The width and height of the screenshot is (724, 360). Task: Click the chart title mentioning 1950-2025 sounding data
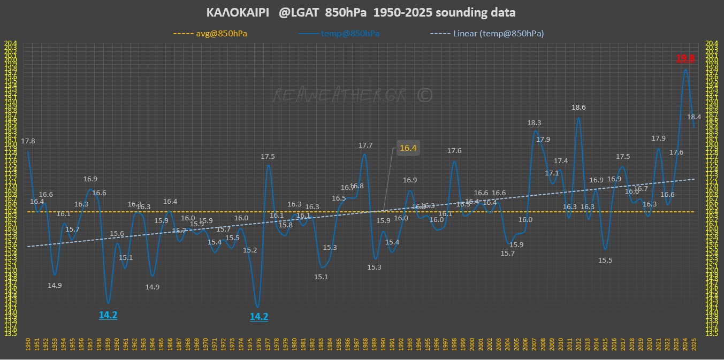point(361,12)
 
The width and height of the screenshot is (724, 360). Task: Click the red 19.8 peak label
point(685,59)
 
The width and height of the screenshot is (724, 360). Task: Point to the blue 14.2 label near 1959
point(108,316)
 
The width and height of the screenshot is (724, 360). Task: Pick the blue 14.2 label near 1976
point(259,317)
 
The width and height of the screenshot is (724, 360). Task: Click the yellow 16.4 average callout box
point(408,148)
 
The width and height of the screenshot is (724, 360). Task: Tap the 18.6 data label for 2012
point(578,108)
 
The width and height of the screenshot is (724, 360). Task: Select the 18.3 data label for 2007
point(534,123)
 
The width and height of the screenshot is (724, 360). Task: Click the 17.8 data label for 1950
point(28,141)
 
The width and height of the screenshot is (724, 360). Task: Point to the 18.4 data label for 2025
point(694,117)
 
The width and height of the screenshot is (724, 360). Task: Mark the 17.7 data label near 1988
point(365,145)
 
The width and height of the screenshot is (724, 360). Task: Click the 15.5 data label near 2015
point(605,261)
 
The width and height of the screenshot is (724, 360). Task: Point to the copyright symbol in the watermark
point(424,95)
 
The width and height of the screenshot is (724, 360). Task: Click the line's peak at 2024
point(685,69)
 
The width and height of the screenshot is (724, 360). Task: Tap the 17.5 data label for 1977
point(268,157)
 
